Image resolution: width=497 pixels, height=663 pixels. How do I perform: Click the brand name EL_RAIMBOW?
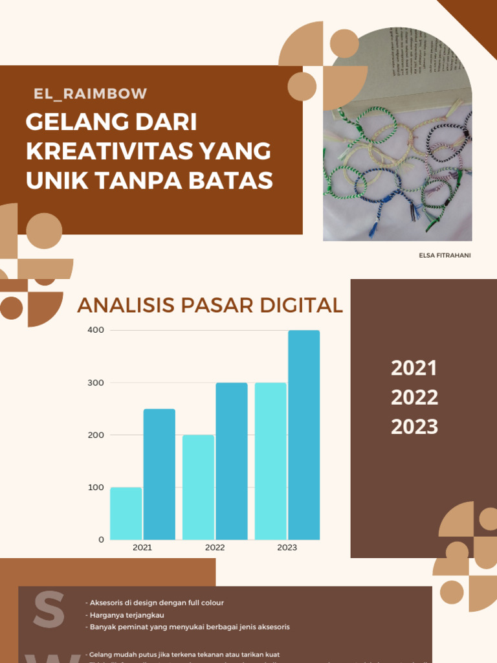(91, 93)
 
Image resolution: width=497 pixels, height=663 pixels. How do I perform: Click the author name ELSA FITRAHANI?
(445, 255)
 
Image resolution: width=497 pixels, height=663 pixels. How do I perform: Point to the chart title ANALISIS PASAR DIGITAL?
(210, 305)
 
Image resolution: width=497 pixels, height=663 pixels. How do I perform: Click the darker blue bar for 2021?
(159, 474)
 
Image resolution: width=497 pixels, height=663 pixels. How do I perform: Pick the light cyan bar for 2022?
(198, 487)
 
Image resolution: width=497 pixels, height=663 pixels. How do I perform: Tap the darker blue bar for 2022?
(232, 461)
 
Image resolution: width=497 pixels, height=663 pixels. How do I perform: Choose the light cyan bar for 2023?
(271, 461)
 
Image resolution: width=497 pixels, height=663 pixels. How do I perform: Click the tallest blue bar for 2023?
(304, 434)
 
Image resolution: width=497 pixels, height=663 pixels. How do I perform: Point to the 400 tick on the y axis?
(96, 330)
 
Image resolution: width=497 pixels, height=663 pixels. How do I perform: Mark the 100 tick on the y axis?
(96, 487)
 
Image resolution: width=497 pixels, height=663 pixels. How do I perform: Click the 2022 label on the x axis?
(215, 548)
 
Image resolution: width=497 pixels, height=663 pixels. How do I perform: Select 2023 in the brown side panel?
(414, 427)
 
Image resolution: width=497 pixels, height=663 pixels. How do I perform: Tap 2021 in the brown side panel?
(414, 368)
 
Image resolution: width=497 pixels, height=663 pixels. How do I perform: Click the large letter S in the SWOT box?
(50, 609)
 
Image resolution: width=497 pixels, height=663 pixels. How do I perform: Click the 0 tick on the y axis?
(101, 539)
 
